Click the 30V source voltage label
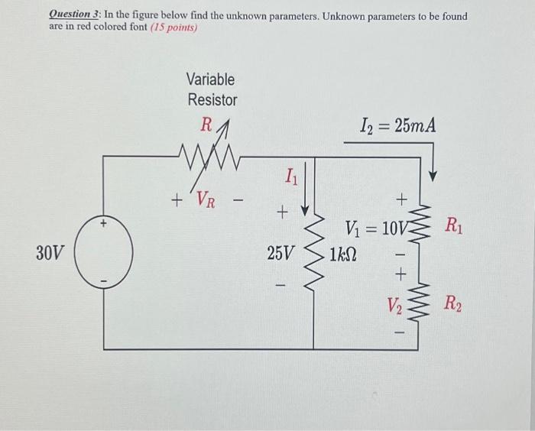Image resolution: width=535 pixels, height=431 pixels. [x=51, y=253]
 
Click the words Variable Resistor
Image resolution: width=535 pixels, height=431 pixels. [x=212, y=89]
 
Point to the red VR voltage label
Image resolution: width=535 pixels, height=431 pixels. [x=204, y=200]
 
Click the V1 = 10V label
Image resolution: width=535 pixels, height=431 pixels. [x=378, y=227]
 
